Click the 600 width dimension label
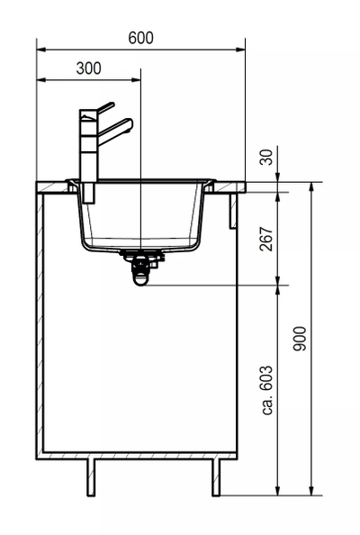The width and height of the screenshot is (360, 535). (140, 38)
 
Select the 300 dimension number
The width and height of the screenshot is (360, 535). (88, 68)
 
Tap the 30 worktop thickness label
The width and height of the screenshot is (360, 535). (266, 157)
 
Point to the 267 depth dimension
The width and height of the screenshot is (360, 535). (266, 239)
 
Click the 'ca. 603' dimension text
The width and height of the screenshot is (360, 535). (267, 390)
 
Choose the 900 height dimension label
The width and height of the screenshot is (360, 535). (300, 339)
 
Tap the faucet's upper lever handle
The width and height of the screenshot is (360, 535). (105, 107)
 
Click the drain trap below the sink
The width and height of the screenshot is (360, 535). (140, 267)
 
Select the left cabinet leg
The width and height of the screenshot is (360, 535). (91, 477)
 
